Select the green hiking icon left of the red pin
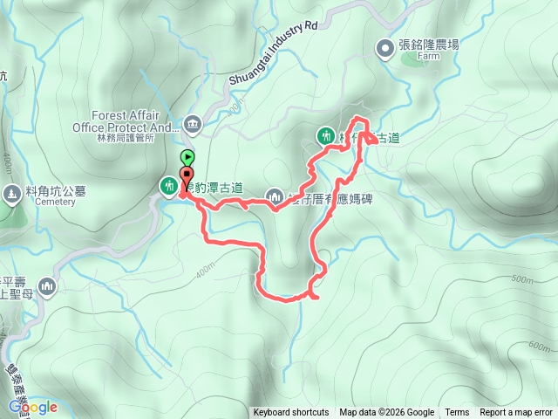[167, 185]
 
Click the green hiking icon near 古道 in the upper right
[325, 135]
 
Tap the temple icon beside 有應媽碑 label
[276, 197]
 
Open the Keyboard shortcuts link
[291, 413]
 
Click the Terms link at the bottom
[457, 413]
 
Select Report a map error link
[516, 413]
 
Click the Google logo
[33, 407]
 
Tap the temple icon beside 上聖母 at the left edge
[45, 286]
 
